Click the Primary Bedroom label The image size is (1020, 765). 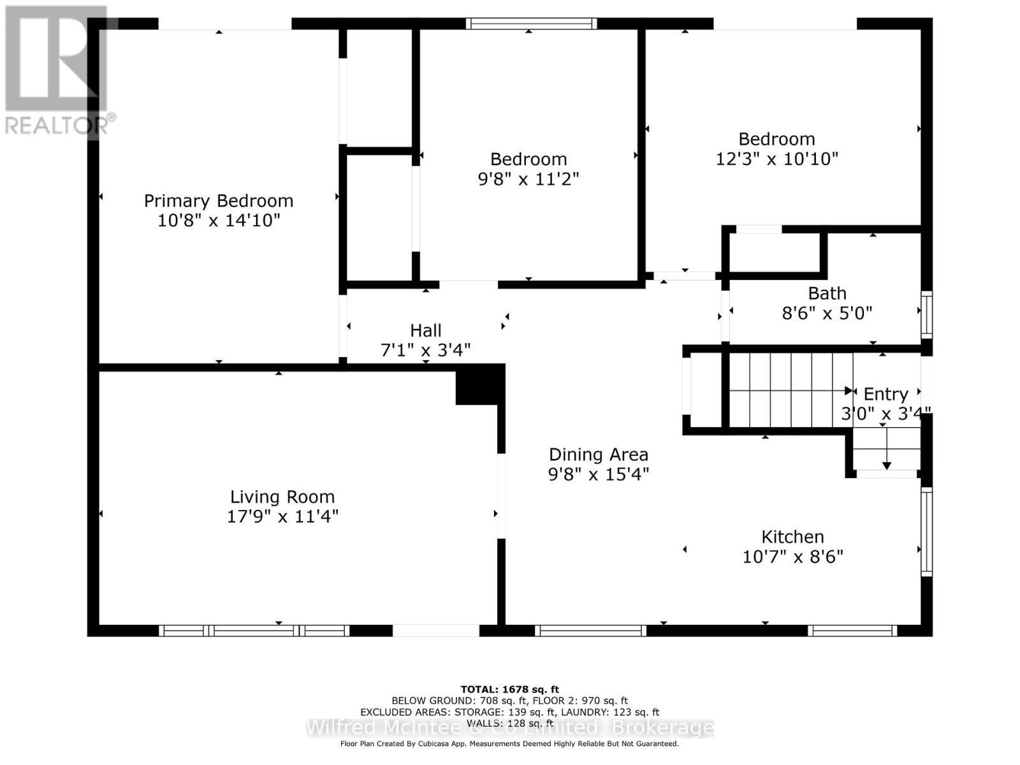click(x=219, y=201)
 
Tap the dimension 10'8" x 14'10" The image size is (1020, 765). click(x=219, y=221)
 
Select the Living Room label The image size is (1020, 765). click(x=282, y=497)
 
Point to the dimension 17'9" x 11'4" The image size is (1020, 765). click(x=282, y=516)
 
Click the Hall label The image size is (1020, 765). click(x=425, y=330)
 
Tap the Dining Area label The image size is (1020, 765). click(x=598, y=455)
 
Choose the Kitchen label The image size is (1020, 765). click(x=792, y=537)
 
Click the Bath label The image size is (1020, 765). click(x=827, y=293)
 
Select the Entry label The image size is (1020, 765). click(x=885, y=394)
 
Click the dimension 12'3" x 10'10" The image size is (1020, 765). click(x=776, y=159)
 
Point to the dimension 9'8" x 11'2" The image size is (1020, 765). click(x=528, y=178)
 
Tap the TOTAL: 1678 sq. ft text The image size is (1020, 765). click(x=509, y=689)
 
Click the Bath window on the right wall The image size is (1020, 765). click(x=926, y=314)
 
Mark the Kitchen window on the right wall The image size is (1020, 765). click(x=926, y=532)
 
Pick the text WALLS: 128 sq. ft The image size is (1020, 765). click(x=509, y=724)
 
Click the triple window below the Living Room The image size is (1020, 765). click(x=254, y=630)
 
